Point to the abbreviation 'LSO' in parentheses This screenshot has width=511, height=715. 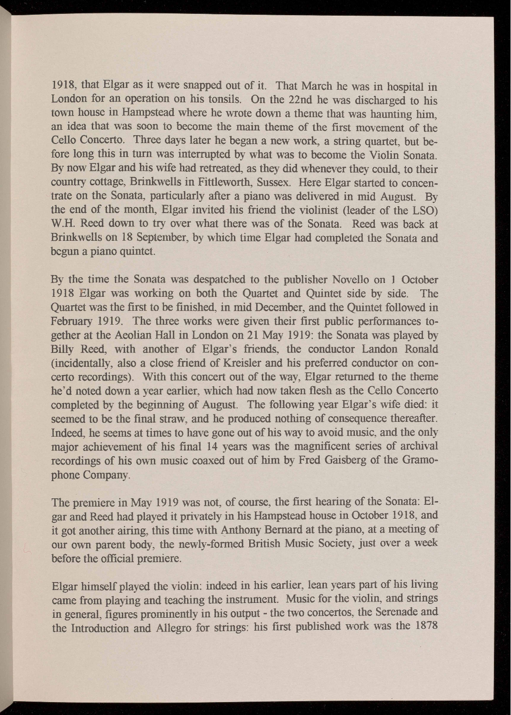coord(424,211)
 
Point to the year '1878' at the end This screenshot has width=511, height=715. coord(423,628)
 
